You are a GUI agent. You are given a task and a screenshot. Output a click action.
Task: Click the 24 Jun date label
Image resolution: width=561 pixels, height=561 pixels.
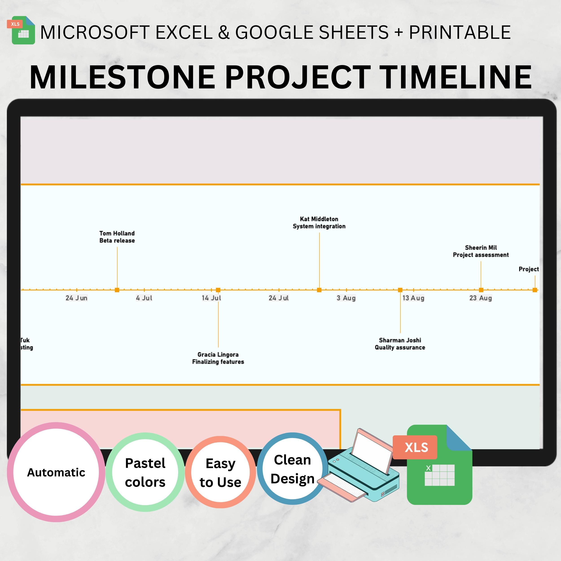click(76, 298)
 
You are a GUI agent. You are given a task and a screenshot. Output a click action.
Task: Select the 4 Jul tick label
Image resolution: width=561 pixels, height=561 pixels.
click(144, 298)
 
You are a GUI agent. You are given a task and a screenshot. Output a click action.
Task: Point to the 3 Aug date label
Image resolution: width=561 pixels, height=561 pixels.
click(346, 298)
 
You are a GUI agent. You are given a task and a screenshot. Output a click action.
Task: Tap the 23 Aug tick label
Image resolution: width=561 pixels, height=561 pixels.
click(481, 298)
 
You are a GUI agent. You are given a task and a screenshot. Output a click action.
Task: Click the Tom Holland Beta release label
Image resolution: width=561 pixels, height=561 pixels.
click(117, 237)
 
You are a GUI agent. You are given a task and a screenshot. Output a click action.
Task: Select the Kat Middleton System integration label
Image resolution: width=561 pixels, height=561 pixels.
click(319, 223)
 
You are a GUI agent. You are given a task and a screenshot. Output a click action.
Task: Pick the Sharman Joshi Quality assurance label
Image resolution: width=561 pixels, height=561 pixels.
click(400, 344)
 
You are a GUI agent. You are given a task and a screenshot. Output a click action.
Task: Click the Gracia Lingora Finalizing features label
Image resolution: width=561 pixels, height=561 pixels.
click(218, 358)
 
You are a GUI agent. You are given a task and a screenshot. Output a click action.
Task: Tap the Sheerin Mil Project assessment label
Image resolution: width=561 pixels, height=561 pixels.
click(481, 251)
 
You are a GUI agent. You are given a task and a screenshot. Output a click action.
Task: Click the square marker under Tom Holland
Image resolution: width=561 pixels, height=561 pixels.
click(117, 290)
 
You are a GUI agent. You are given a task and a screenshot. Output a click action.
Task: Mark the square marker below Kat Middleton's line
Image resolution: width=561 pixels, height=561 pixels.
click(319, 290)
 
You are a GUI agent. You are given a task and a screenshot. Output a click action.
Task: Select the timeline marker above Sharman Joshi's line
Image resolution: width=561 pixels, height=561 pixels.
click(400, 290)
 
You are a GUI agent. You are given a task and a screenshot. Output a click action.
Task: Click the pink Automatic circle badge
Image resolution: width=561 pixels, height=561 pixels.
click(56, 472)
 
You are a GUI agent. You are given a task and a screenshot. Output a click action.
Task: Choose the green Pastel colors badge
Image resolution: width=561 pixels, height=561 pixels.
click(145, 472)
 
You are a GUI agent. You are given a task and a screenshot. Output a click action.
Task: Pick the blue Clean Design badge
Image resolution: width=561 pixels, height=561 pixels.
click(292, 469)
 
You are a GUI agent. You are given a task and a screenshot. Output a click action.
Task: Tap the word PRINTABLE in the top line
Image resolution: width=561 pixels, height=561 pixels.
click(460, 32)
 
